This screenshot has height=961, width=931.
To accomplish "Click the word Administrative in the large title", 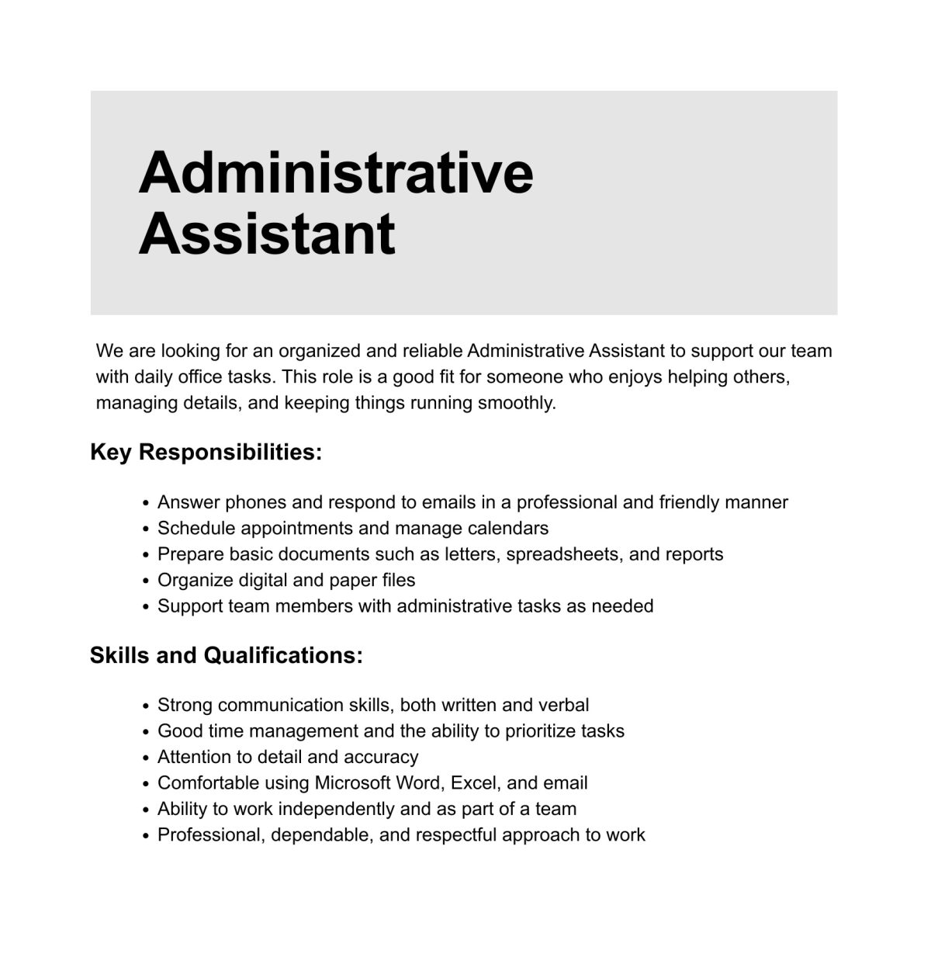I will [x=335, y=172].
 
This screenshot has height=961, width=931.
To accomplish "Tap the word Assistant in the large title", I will [x=266, y=234].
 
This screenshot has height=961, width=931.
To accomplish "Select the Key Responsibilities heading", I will [x=206, y=452].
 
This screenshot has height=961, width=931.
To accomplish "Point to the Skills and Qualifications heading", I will [x=226, y=655].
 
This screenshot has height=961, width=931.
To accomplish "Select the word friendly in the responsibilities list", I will [x=689, y=502].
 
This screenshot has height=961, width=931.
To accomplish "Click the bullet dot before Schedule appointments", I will [x=146, y=529].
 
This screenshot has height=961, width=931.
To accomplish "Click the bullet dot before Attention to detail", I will [x=146, y=758].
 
